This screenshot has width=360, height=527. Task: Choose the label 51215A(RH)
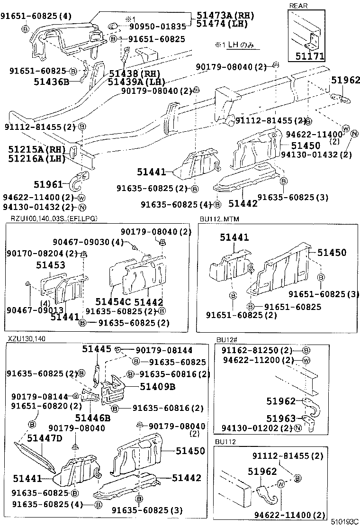[x=36, y=149]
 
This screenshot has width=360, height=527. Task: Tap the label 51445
[x=97, y=349]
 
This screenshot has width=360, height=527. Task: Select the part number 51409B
[x=157, y=386]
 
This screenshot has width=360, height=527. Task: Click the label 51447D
[x=45, y=438]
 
